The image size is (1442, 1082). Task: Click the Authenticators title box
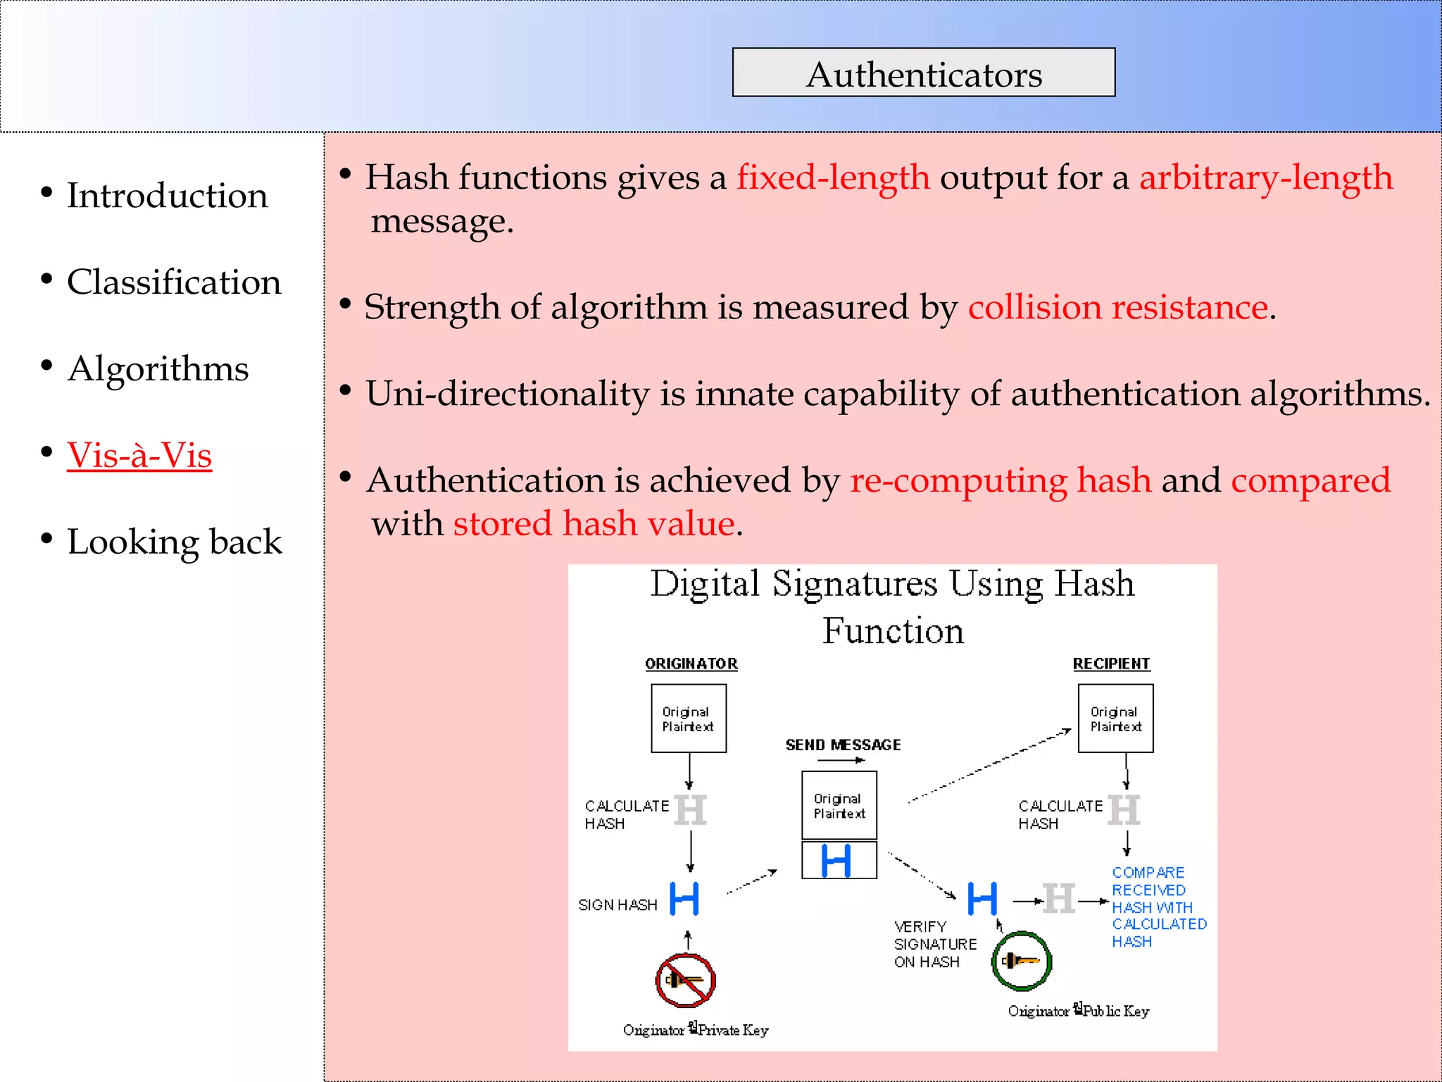tap(923, 73)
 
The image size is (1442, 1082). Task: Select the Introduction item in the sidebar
tap(167, 195)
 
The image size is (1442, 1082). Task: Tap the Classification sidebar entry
tap(173, 282)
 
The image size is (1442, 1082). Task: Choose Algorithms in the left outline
tap(158, 368)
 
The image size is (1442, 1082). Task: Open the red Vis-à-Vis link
tap(139, 455)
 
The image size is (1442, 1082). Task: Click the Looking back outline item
tap(174, 542)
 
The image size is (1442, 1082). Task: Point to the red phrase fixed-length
tap(833, 177)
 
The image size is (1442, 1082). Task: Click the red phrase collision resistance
tap(1118, 307)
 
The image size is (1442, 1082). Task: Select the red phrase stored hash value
tap(594, 523)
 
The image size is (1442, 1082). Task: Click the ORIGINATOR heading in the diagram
tap(691, 664)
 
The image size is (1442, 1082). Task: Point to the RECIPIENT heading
tap(1111, 664)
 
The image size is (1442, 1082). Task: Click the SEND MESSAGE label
tap(843, 745)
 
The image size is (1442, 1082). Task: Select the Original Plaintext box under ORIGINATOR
tap(689, 719)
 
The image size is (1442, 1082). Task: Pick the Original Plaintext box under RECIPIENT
tap(1115, 719)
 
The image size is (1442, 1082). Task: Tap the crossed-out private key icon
tap(685, 980)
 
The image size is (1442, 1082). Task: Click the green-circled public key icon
tap(1021, 961)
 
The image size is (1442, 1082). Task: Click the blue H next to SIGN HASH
tap(684, 899)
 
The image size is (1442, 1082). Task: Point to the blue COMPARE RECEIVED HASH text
tap(1158, 907)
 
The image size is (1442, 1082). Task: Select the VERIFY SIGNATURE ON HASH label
tap(935, 944)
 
